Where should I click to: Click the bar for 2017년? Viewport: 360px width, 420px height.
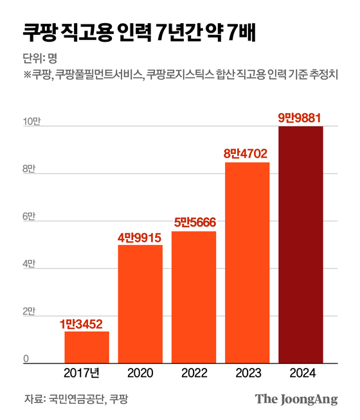pyautogui.click(x=87, y=347)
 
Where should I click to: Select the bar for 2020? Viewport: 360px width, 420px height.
pyautogui.click(x=140, y=304)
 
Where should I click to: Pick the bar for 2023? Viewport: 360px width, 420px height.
pyautogui.click(x=247, y=262)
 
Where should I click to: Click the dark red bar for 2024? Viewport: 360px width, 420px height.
pyautogui.click(x=300, y=244)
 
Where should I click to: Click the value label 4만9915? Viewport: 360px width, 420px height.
pyautogui.click(x=140, y=237)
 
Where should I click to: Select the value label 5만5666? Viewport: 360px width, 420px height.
pyautogui.click(x=194, y=223)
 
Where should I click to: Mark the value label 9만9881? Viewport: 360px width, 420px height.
pyautogui.click(x=300, y=117)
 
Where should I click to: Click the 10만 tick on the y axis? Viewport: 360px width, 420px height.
pyautogui.click(x=32, y=122)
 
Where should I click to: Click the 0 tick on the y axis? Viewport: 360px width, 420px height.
pyautogui.click(x=26, y=359)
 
